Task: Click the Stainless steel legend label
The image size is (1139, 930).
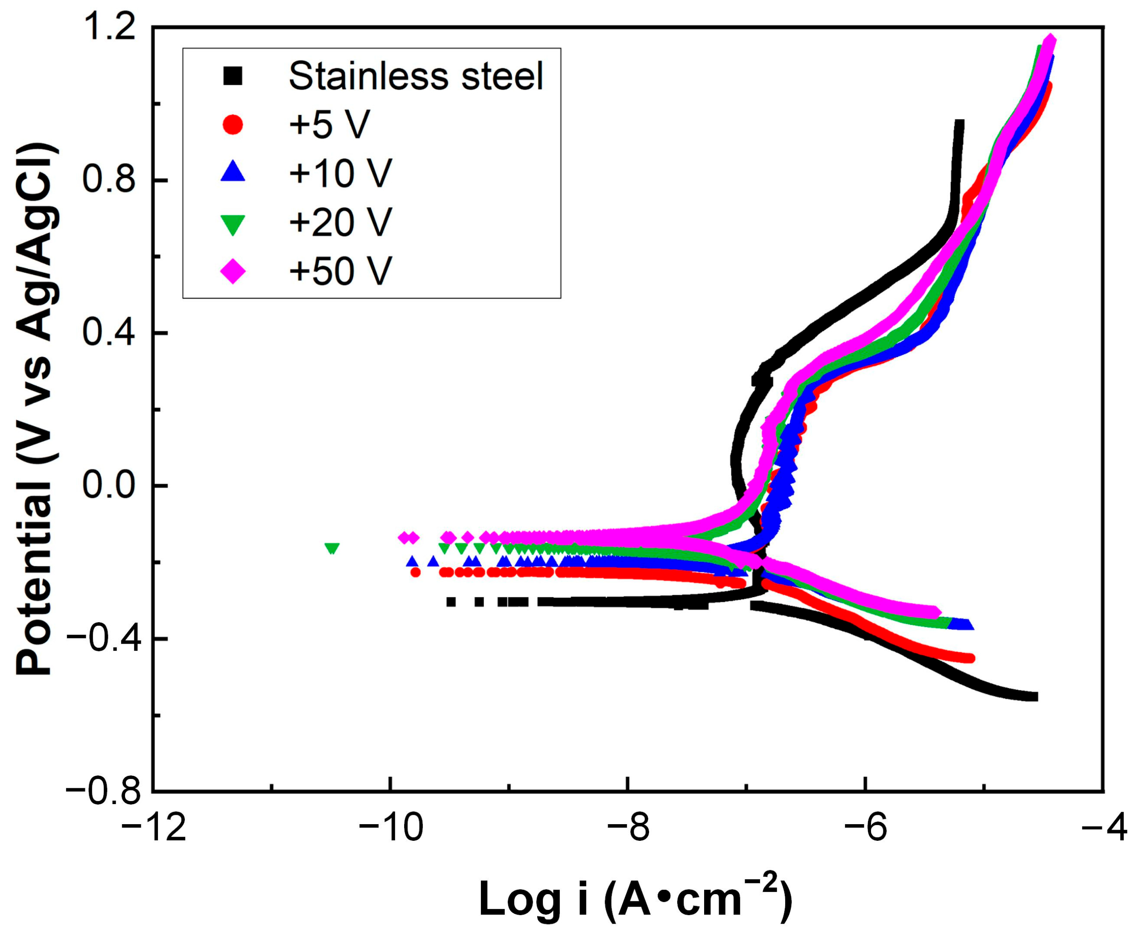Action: click(416, 76)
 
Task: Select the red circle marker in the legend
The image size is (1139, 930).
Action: click(233, 124)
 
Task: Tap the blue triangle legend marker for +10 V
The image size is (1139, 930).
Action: click(233, 172)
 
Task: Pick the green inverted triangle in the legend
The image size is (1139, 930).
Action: click(233, 223)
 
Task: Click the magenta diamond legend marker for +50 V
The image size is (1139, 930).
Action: click(233, 271)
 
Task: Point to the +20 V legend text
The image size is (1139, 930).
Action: click(340, 222)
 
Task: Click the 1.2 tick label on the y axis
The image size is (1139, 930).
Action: click(110, 28)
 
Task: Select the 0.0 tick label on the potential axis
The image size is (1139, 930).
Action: click(110, 485)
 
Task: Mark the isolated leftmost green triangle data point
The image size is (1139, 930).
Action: click(332, 548)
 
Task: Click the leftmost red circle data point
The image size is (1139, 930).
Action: click(415, 572)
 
